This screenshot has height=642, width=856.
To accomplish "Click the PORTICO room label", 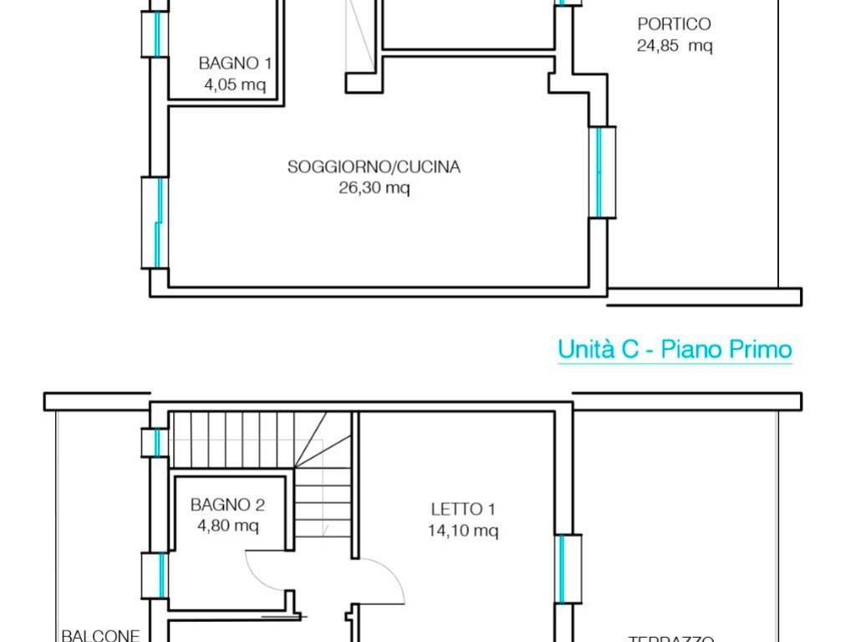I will click(674, 24).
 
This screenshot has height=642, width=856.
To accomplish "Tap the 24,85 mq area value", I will click(674, 46).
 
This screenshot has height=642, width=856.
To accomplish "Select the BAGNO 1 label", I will click(234, 63).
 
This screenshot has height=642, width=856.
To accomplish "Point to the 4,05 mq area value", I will click(234, 84).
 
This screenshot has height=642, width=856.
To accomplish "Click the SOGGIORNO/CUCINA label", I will click(374, 167).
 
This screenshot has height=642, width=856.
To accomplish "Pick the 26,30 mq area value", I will click(374, 188).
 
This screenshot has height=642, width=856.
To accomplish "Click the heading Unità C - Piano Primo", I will click(675, 349).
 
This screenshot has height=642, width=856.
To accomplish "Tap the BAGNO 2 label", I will click(227, 505).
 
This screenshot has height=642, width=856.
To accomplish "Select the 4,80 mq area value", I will click(227, 526).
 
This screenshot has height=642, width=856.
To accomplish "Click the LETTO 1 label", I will click(456, 508).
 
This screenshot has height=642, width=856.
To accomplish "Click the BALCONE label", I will click(99, 635).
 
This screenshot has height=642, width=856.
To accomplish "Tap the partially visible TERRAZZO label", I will click(670, 638).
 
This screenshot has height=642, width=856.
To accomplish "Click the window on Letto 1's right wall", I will click(565, 568).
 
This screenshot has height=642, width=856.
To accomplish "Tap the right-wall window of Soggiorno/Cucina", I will click(601, 172).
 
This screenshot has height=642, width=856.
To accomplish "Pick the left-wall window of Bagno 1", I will click(155, 33).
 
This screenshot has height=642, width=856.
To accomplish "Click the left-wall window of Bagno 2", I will click(155, 576).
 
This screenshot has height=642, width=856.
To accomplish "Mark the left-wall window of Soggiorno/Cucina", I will click(155, 222).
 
